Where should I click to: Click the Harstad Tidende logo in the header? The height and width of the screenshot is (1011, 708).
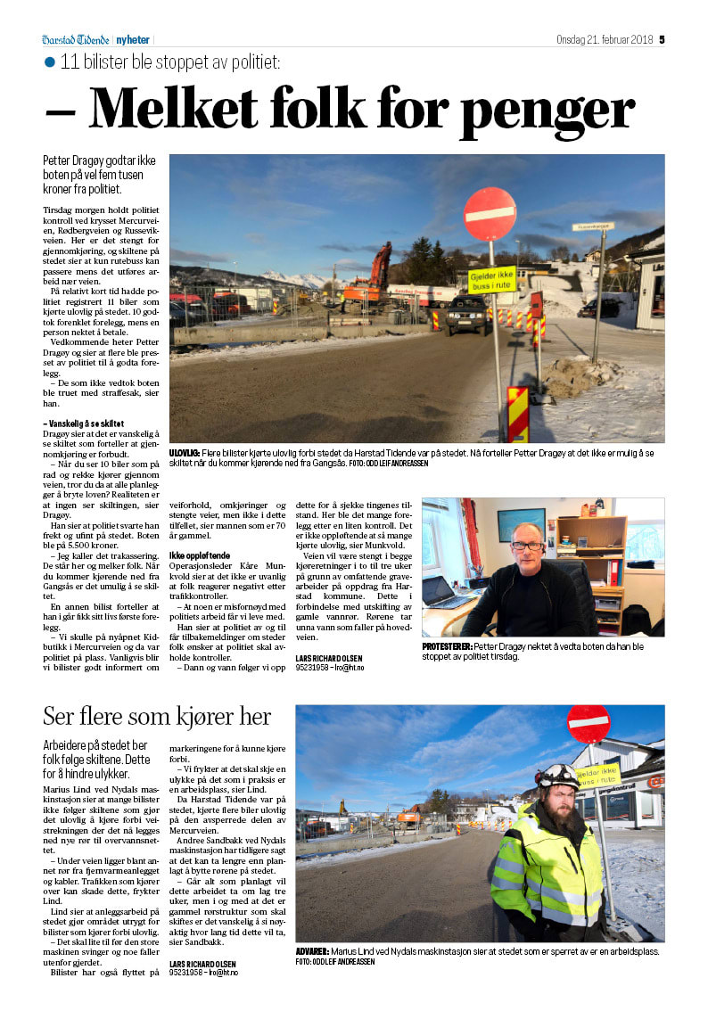pyautogui.click(x=75, y=39)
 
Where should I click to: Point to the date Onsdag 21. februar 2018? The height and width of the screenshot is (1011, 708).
pyautogui.click(x=605, y=39)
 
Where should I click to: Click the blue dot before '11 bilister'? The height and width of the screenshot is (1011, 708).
pyautogui.click(x=50, y=62)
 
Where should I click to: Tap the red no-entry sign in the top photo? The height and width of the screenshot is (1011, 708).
pyautogui.click(x=490, y=214)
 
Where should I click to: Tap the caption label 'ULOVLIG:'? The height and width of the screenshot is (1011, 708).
pyautogui.click(x=185, y=454)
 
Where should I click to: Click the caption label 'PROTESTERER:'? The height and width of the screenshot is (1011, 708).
pyautogui.click(x=452, y=645)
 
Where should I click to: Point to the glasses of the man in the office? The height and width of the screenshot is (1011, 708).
pyautogui.click(x=529, y=545)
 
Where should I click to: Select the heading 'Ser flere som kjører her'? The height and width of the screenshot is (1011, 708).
pyautogui.click(x=157, y=716)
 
